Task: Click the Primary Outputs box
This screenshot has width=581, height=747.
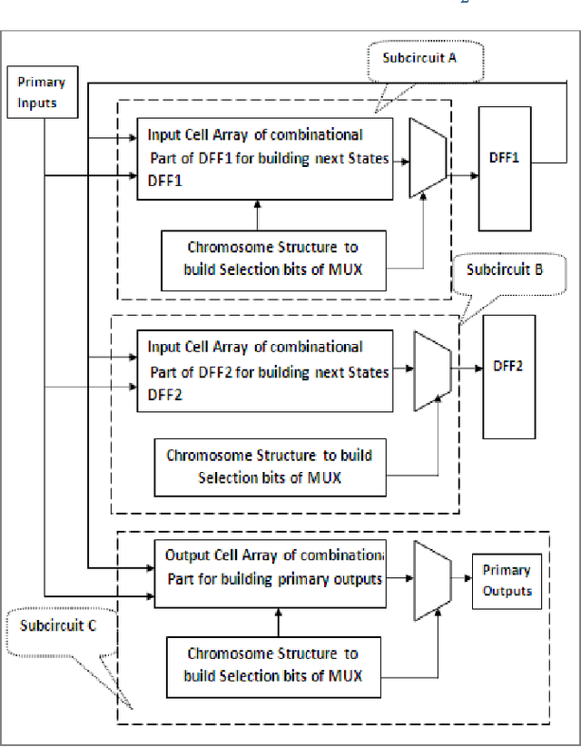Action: [506, 581]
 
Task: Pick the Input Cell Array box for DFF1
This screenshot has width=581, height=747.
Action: [265, 158]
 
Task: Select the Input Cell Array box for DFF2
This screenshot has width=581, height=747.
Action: [265, 369]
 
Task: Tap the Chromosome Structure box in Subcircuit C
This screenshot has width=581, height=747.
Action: [272, 663]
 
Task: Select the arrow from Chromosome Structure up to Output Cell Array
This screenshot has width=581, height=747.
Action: [271, 622]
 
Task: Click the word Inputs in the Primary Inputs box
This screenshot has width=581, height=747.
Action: [37, 102]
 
